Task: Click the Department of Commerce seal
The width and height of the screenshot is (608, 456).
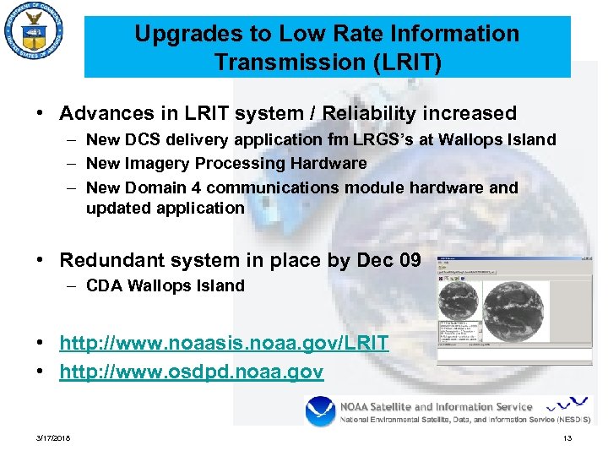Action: click(33, 34)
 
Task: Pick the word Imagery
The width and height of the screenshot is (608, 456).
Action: click(153, 163)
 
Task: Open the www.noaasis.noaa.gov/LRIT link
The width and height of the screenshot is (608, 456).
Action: click(224, 343)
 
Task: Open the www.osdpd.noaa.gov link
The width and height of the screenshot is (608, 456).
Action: click(191, 372)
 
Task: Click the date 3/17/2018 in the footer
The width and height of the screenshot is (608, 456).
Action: click(53, 437)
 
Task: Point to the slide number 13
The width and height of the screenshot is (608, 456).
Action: click(567, 437)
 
